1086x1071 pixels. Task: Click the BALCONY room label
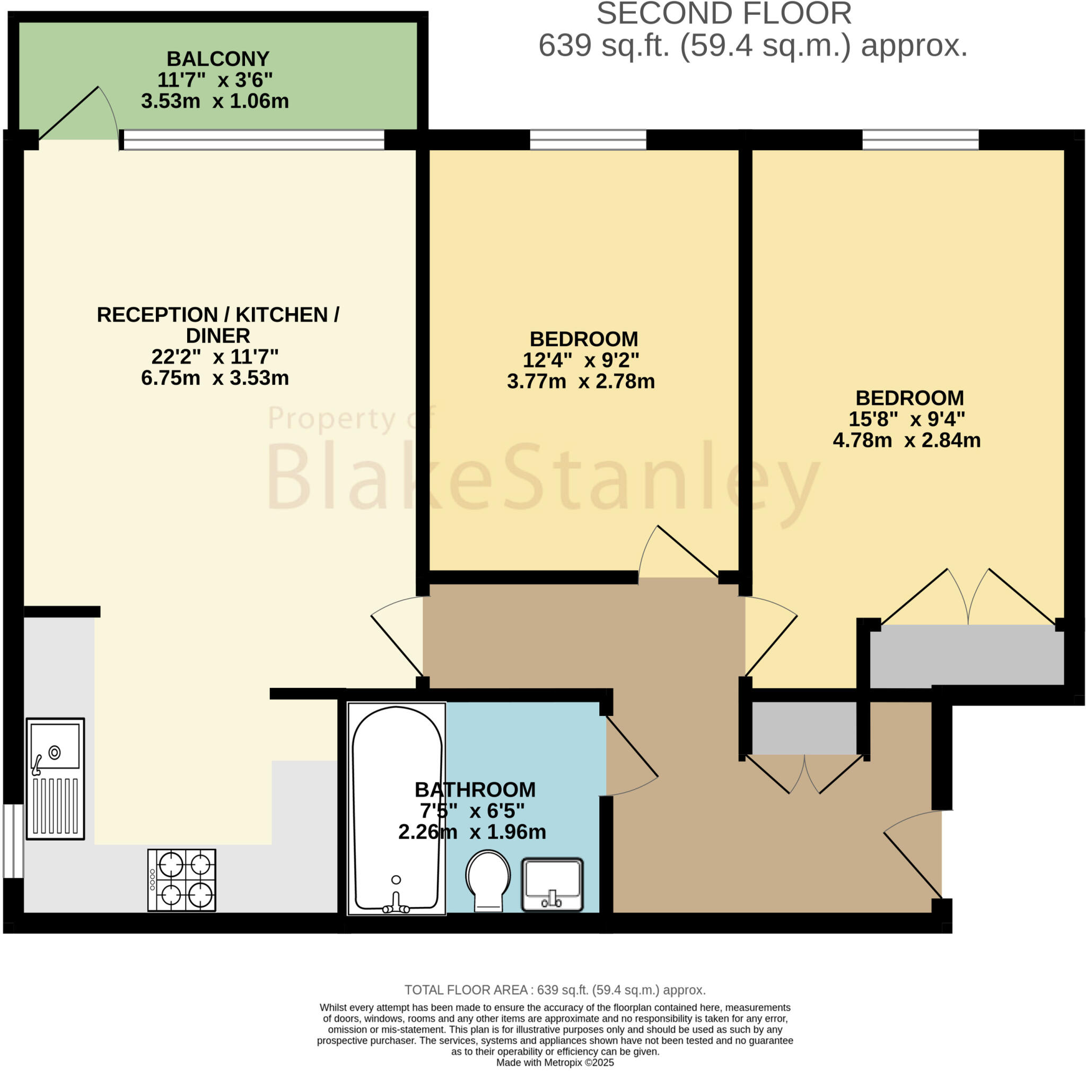click(217, 59)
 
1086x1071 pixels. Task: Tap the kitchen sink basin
click(55, 746)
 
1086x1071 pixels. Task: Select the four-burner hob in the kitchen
click(181, 880)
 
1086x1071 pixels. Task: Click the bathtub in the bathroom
click(396, 807)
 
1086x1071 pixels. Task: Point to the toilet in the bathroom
click(488, 880)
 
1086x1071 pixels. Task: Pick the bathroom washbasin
click(552, 884)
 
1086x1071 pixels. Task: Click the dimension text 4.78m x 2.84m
click(906, 440)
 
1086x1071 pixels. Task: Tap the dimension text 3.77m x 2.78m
click(581, 382)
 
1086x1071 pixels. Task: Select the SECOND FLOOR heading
click(723, 14)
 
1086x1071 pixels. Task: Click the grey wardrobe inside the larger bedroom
click(966, 655)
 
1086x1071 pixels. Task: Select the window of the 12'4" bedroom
click(588, 140)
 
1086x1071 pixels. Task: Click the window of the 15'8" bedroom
click(920, 140)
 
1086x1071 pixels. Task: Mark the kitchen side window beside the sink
click(12, 841)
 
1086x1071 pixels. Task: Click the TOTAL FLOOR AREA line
click(555, 990)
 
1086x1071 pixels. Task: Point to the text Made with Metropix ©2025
click(555, 1063)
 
